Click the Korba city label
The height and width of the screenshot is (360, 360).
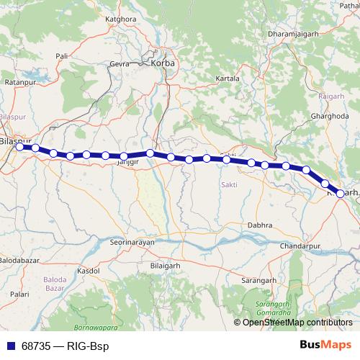point(163,63)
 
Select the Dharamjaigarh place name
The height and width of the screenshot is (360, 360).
point(292,34)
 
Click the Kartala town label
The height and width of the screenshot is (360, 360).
point(228,78)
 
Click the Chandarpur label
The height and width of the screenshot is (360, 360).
point(294,246)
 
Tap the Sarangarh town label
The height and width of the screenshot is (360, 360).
point(258,279)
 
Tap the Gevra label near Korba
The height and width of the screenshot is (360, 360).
point(118,63)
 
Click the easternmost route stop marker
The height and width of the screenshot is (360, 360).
point(341,193)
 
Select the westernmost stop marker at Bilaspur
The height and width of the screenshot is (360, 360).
point(20,147)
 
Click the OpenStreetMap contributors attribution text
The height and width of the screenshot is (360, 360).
point(297,323)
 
